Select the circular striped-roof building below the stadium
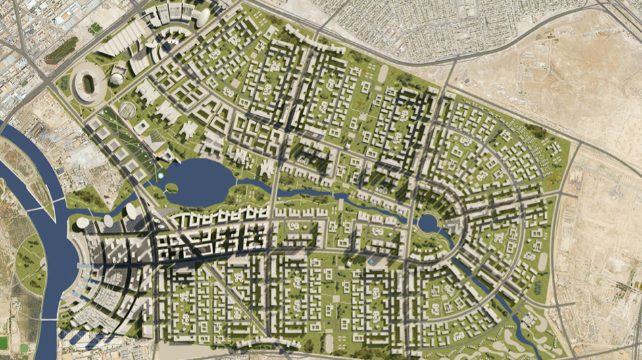[x=127, y=109]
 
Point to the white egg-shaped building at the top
[x=205, y=14]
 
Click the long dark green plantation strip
[x=61, y=50]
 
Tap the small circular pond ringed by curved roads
[x=427, y=224]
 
